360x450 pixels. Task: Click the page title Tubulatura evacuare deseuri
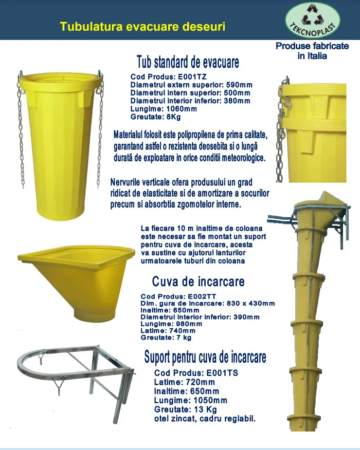[x=142, y=26]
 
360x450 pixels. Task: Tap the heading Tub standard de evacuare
[x=188, y=62]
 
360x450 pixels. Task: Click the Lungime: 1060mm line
[x=163, y=109]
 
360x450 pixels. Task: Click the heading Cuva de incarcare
[x=198, y=281]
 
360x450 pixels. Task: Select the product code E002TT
[x=202, y=296]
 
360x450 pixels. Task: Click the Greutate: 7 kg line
[x=166, y=337]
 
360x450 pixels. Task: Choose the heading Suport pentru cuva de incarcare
[x=205, y=357]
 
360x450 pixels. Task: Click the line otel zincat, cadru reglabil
[x=204, y=418]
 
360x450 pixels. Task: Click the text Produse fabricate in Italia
[x=312, y=51]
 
